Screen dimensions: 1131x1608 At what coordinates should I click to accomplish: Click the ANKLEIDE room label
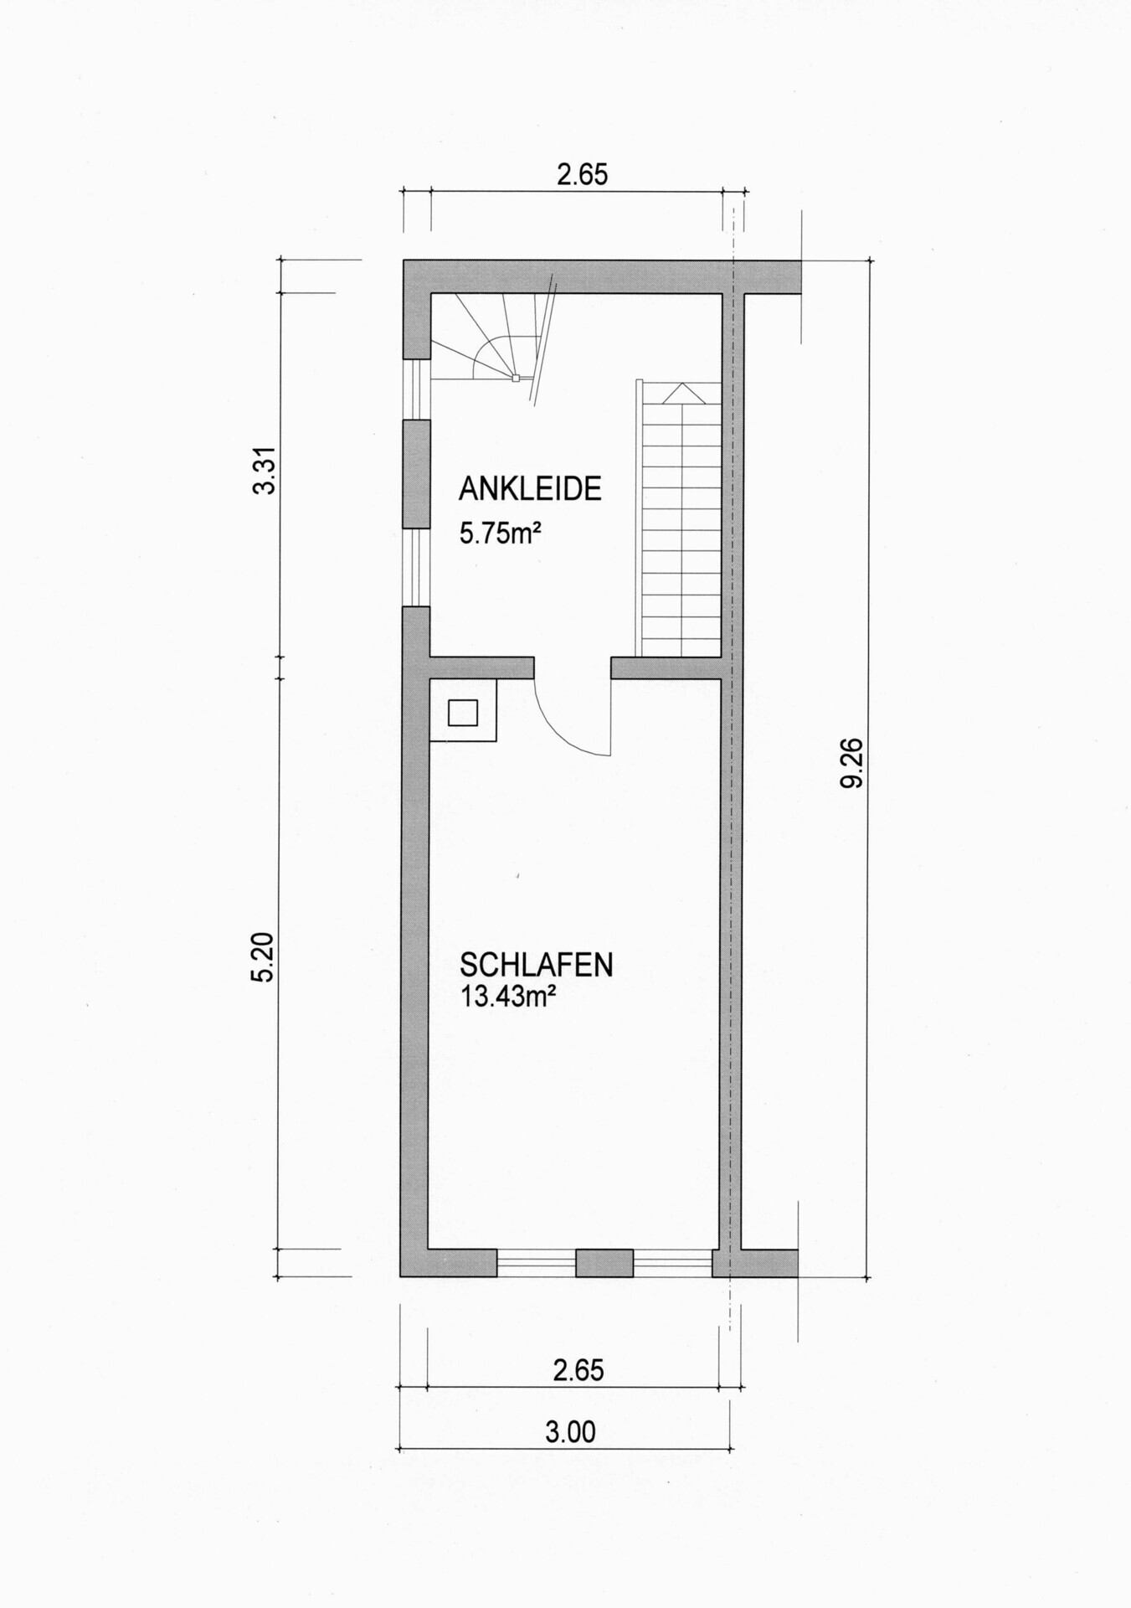coord(530,489)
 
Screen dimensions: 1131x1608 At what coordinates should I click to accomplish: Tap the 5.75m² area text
coord(499,533)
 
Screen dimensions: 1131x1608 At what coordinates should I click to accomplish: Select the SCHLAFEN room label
coord(536,965)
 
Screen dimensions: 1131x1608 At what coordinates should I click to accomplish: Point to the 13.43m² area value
coord(508,997)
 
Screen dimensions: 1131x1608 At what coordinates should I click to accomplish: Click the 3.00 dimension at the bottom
coord(570,1431)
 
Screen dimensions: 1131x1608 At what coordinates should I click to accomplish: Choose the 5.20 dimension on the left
coord(263,957)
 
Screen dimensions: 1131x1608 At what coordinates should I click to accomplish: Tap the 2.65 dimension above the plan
coord(582,174)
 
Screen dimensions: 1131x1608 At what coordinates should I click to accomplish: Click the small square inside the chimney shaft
coord(463,713)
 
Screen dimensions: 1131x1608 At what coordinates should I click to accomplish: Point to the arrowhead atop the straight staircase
coord(685,392)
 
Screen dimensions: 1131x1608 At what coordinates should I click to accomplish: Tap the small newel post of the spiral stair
coord(516,379)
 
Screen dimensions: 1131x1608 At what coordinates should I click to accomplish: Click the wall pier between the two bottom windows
coord(604,1262)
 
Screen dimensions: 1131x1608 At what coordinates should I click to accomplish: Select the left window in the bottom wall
coord(536,1262)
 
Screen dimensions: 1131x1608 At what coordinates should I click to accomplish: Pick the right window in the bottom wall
coord(672,1262)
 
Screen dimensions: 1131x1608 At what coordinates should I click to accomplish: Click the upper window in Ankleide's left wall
coord(416,389)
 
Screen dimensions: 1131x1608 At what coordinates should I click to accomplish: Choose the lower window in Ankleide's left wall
coord(416,567)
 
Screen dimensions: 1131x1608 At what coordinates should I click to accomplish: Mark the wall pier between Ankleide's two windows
coord(416,474)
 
